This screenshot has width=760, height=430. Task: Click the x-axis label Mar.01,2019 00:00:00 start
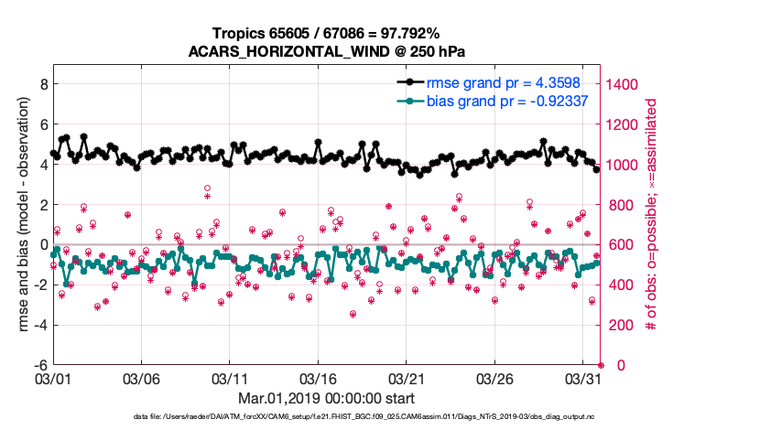coord(326,398)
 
